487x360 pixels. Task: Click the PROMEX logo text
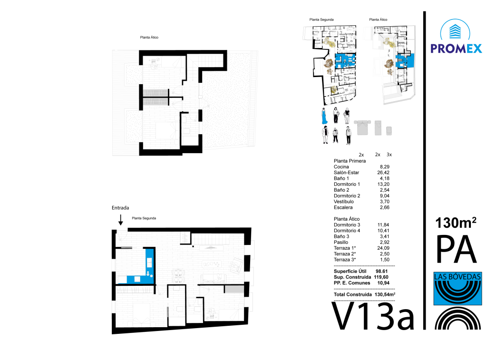(x=456, y=49)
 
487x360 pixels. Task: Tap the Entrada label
(x=120, y=208)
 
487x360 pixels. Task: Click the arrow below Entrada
(x=120, y=220)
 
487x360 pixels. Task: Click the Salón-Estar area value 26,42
(x=383, y=173)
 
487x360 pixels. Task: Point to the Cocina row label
(x=341, y=167)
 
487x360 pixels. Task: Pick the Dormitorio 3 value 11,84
(x=383, y=225)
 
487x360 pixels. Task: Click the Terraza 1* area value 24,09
(x=383, y=248)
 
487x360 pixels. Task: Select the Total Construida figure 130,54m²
(x=385, y=294)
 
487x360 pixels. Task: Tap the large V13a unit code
(x=373, y=316)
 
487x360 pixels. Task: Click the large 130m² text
(x=456, y=223)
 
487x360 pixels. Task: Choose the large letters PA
(x=456, y=249)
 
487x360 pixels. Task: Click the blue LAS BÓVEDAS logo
(x=458, y=288)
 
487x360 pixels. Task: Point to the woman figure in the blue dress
(x=324, y=116)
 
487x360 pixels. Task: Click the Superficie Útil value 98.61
(x=382, y=272)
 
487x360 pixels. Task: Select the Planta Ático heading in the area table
(x=347, y=219)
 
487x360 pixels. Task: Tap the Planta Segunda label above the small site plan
(x=321, y=19)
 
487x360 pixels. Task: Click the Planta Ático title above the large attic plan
(x=149, y=37)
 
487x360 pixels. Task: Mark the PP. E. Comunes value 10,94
(x=383, y=283)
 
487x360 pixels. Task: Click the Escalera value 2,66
(x=384, y=207)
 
